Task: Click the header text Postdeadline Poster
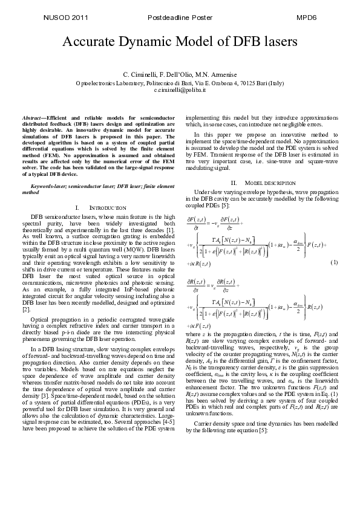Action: click(x=180, y=18)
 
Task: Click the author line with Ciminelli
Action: click(x=180, y=74)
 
